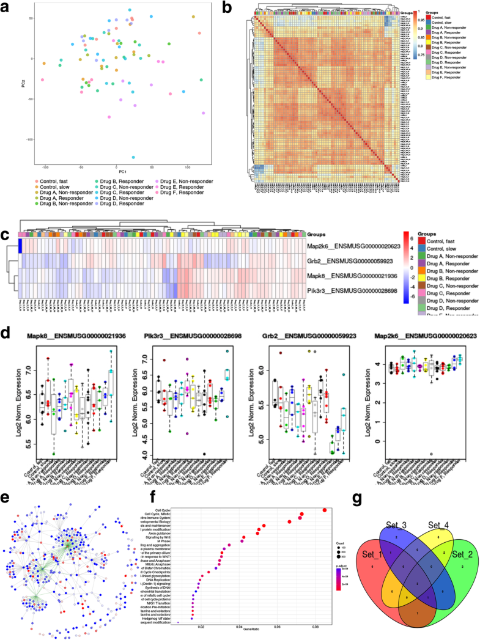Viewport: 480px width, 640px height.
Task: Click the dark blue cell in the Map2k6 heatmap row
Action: click(20, 245)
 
